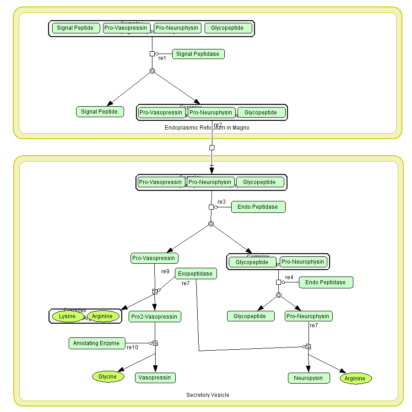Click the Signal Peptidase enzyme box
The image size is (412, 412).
(198, 54)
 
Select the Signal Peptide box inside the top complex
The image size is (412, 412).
(76, 28)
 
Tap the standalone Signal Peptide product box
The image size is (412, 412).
(99, 112)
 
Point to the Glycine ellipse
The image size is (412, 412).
(108, 377)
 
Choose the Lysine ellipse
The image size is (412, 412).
(67, 316)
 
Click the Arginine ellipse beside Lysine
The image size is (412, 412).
(103, 316)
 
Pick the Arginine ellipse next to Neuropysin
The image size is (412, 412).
(355, 379)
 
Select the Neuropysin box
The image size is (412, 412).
(309, 378)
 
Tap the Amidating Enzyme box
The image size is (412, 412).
(97, 343)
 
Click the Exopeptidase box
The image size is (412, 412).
(195, 274)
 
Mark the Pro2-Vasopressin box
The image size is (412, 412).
(155, 316)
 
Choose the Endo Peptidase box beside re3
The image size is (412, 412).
(258, 207)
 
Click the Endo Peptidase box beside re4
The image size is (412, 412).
(325, 282)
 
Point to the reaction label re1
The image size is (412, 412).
(162, 58)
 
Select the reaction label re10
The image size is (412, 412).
(132, 347)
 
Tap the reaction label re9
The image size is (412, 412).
(165, 271)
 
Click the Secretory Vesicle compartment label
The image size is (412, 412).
(208, 395)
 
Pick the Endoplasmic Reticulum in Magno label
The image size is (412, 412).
(207, 128)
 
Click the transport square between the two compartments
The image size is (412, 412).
(211, 147)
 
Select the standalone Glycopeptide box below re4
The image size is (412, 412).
(250, 316)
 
